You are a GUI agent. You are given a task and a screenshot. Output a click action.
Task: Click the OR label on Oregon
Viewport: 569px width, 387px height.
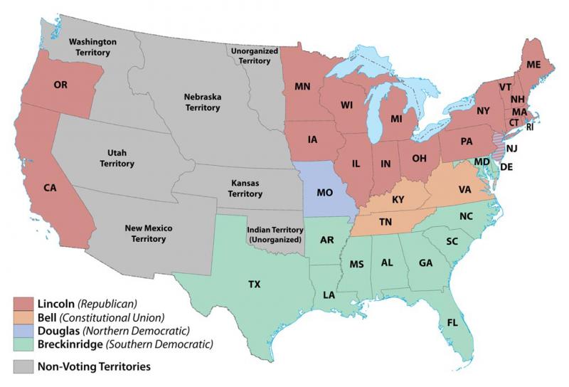click(x=60, y=85)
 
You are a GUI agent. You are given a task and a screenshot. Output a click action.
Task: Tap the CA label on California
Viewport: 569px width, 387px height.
click(x=50, y=188)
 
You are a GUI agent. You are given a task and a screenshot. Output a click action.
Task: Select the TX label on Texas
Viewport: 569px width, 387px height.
click(x=254, y=285)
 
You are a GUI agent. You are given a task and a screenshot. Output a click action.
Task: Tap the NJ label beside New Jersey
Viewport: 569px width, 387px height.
click(x=511, y=148)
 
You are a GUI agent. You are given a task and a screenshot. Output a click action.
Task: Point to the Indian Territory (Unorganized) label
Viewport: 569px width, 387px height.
click(x=275, y=235)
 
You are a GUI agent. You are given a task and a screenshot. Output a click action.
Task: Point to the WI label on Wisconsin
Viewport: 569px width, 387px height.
click(x=346, y=105)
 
